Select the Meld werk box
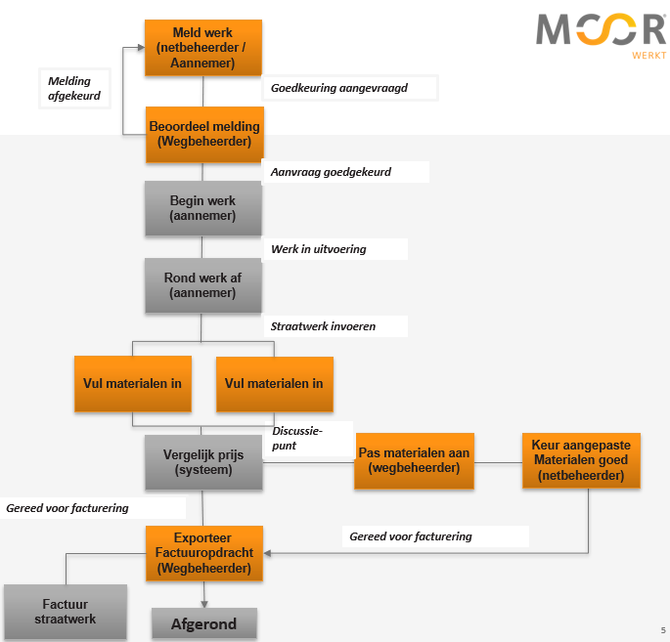point(202,48)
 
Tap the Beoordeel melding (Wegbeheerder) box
point(203,134)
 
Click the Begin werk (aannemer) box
point(202,208)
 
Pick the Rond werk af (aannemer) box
point(202,285)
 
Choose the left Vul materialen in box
point(133,384)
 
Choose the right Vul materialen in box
point(274,384)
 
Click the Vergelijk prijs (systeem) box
point(203,462)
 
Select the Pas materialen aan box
point(414,460)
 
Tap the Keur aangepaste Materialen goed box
point(581,460)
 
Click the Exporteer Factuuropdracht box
point(203,553)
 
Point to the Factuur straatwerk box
point(66,612)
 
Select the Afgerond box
point(203,622)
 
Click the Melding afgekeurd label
point(74,89)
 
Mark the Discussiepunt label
point(297,438)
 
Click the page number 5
point(662,630)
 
